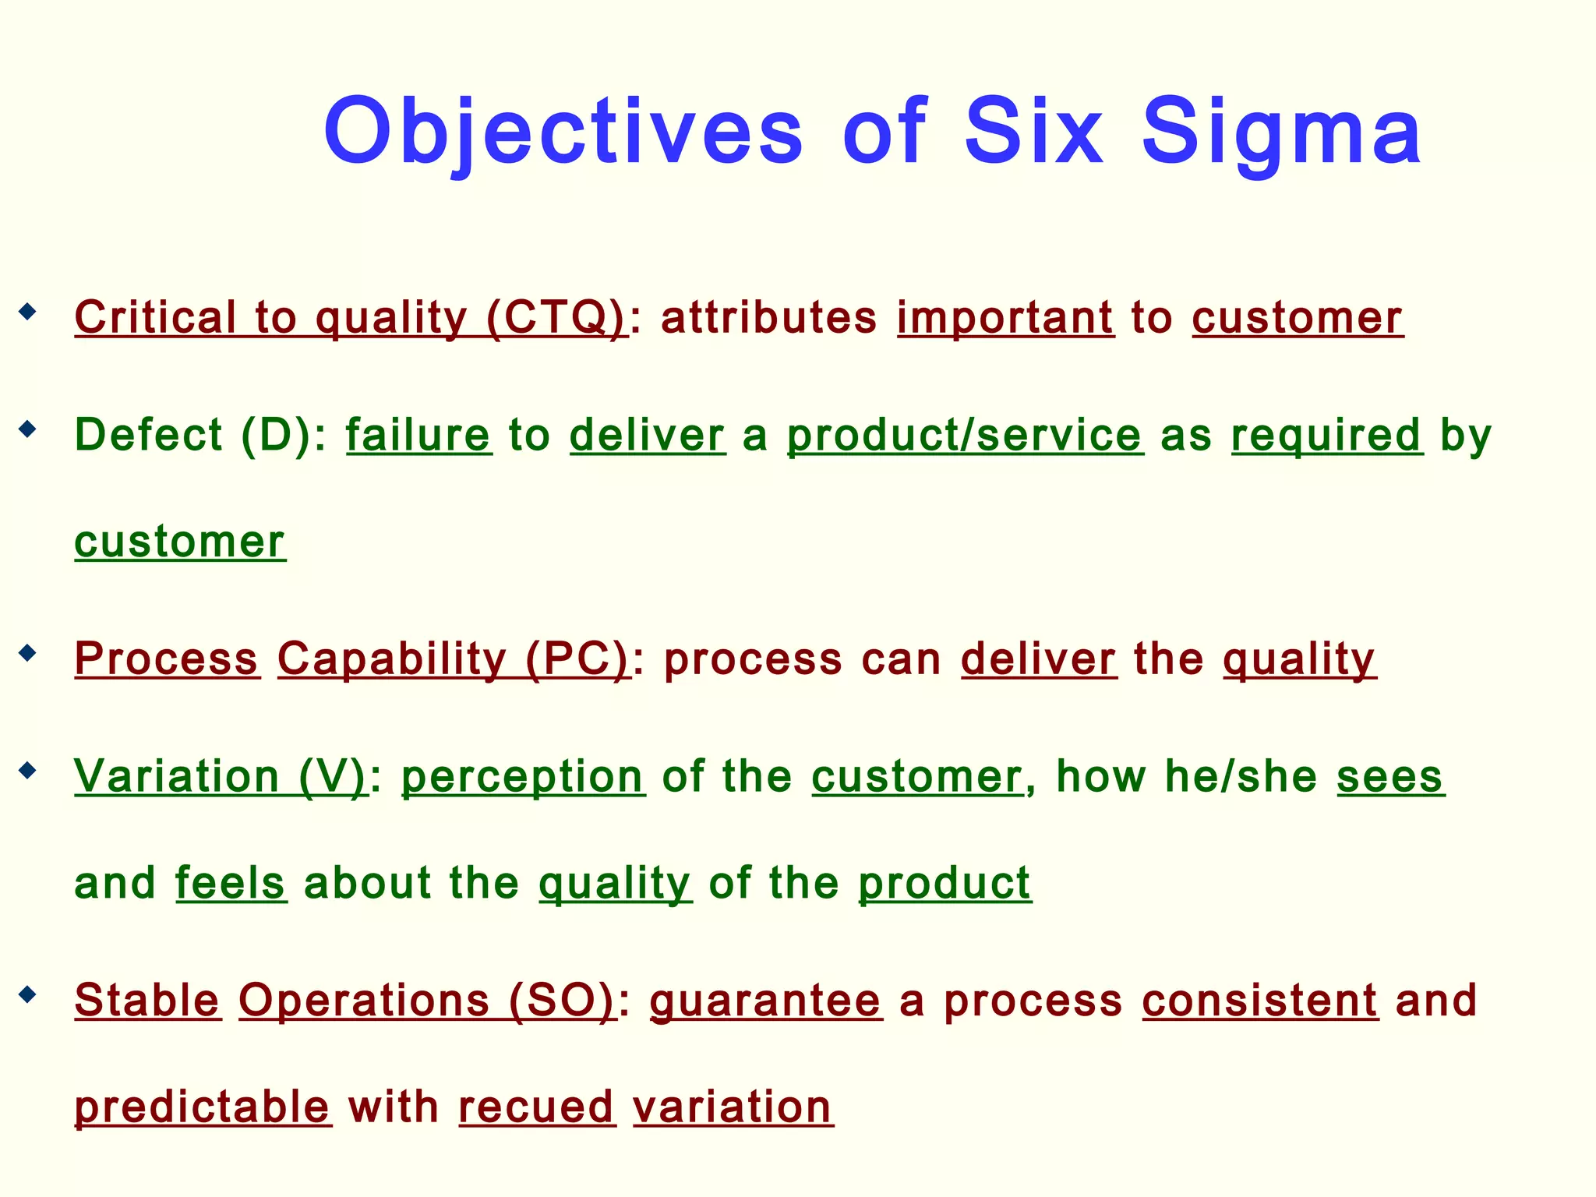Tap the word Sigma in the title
[1282, 132]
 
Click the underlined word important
[1005, 318]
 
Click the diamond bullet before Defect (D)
[28, 429]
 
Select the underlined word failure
[418, 435]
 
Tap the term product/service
[965, 435]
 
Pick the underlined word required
[1326, 435]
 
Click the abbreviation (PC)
[577, 659]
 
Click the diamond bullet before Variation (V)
[28, 771]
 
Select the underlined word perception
[523, 777]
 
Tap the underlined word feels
[231, 883]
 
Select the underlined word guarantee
[765, 1000]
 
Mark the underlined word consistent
[1259, 1000]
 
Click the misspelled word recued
[537, 1107]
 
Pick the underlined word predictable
[203, 1107]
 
